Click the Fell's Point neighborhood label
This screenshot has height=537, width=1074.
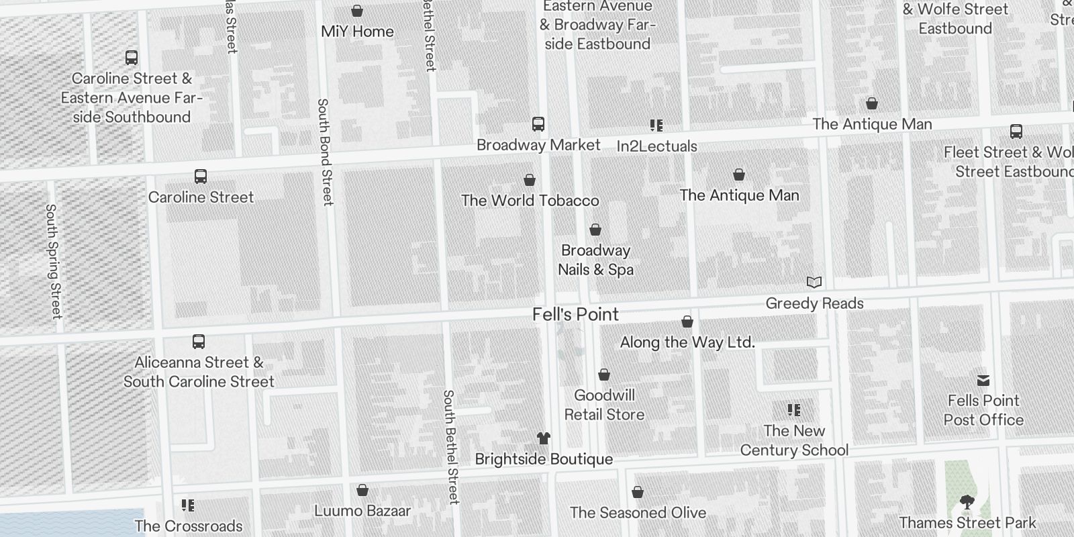tap(575, 314)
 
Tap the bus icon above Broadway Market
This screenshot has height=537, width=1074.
tap(538, 124)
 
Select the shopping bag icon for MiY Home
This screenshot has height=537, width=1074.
tap(357, 11)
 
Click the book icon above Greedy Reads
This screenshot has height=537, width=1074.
tap(814, 283)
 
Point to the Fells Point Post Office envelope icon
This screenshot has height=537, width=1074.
tap(983, 381)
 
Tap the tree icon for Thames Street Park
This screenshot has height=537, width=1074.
tap(967, 502)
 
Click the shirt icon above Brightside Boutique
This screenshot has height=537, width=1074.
tap(544, 438)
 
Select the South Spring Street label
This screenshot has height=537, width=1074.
tap(53, 261)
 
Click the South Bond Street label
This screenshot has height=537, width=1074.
tap(324, 152)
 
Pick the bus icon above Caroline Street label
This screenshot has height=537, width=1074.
tap(200, 177)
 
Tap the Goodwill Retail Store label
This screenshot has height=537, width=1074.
tap(604, 405)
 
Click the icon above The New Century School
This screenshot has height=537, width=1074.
tap(794, 410)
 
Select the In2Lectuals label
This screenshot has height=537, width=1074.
tap(656, 146)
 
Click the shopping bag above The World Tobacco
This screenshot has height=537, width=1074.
tap(530, 180)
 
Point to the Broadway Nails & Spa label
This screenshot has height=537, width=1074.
tap(595, 260)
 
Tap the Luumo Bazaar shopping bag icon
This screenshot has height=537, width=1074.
tap(362, 491)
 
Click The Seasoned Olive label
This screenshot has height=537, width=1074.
tap(638, 513)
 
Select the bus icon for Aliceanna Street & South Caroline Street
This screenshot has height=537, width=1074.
tap(199, 342)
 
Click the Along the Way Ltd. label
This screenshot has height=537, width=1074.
tap(687, 342)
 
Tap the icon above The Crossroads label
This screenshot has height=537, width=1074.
tap(188, 505)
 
